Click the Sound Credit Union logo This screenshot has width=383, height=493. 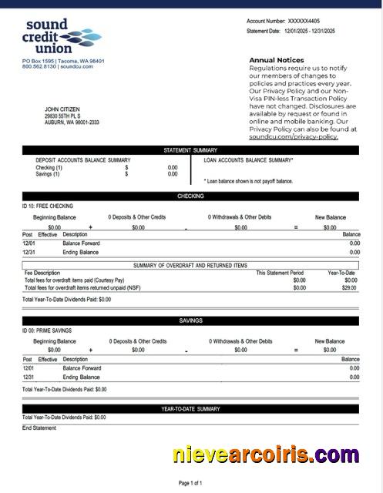[62, 38]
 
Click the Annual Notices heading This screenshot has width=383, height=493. [276, 59]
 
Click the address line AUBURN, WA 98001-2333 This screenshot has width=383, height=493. [72, 122]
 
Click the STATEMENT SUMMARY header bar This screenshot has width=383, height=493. [190, 150]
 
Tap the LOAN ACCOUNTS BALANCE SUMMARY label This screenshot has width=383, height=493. [248, 160]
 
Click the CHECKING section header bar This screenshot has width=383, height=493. [190, 196]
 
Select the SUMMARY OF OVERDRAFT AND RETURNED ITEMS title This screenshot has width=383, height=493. [190, 265]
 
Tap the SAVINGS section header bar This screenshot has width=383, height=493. [190, 320]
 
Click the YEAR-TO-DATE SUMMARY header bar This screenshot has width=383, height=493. [190, 409]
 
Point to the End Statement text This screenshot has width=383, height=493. [39, 428]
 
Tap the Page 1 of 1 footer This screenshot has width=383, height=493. [190, 483]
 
